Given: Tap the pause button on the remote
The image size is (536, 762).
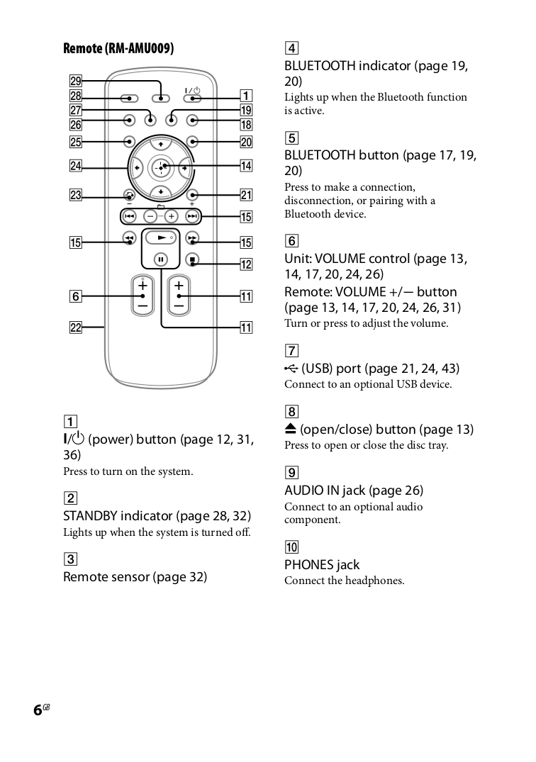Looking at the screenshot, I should pos(162,259).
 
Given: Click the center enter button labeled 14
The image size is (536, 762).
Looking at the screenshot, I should pos(162,168).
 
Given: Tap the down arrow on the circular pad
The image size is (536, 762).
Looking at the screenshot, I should pos(162,192).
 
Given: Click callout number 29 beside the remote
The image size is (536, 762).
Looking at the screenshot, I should pos(75,81).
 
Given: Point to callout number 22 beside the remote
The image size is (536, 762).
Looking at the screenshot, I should pos(75,327).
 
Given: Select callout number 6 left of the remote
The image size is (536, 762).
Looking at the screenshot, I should pos(75,296).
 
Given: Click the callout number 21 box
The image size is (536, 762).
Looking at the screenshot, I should pos(246,195).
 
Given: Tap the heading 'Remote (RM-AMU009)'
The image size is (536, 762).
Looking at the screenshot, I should pos(118,48).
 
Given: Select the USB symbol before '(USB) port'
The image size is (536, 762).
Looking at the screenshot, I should pos(291,369).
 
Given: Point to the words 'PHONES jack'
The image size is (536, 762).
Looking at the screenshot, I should pos(322,565).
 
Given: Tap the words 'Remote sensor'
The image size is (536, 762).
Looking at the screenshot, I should pos(106,577).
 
